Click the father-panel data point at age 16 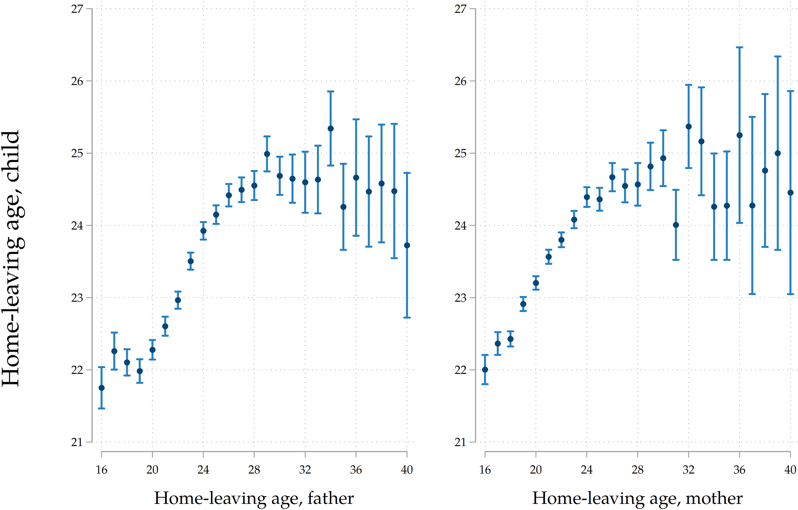pos(102,388)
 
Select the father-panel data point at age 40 pos(407,246)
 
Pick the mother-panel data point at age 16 pos(485,370)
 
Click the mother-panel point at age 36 pos(740,135)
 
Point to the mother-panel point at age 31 pos(676,225)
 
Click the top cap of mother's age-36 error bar pos(740,47)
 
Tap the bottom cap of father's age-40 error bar pos(407,317)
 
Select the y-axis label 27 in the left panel pos(77,9)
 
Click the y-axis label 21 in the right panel pos(460,442)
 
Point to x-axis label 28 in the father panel pos(254,470)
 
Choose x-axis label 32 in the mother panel pos(689,470)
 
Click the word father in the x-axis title pos(330,498)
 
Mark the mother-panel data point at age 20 pos(536,283)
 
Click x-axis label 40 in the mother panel pos(790,470)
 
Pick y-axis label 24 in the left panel pos(77,226)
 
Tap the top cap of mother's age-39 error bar pos(778,56)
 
